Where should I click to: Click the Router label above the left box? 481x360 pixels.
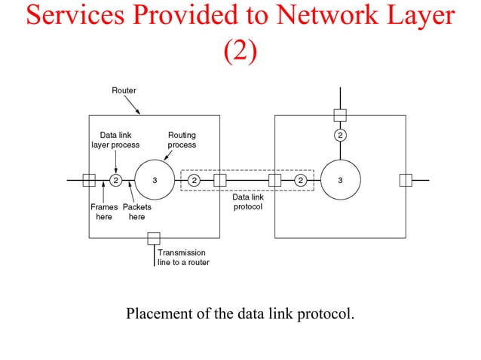[x=124, y=90]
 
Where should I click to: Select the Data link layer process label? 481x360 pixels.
[x=115, y=140]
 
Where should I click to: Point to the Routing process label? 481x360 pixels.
[x=182, y=140]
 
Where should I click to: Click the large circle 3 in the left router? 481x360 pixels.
[x=155, y=180]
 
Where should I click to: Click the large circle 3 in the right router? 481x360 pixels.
[x=340, y=180]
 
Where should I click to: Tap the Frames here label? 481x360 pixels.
[x=104, y=212]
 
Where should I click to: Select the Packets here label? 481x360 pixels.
[x=136, y=212]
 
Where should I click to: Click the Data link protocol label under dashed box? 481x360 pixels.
[x=247, y=202]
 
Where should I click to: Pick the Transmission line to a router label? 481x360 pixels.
[x=183, y=258]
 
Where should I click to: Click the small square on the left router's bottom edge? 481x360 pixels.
[x=154, y=238]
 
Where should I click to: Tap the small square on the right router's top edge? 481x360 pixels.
[x=340, y=115]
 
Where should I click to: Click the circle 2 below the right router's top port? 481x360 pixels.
[x=340, y=136]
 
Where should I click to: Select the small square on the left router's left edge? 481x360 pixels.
[x=89, y=180]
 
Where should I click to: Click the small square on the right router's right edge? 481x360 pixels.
[x=406, y=180]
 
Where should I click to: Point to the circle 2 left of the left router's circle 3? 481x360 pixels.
[x=116, y=180]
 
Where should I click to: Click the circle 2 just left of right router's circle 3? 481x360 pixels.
[x=300, y=180]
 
